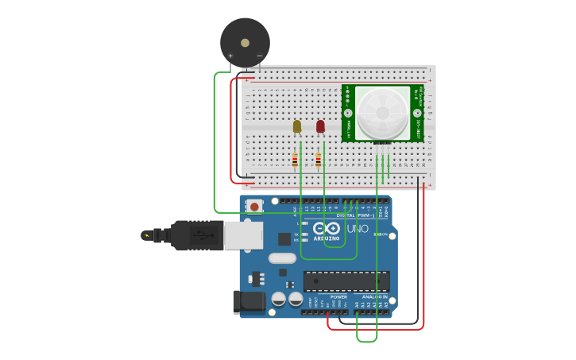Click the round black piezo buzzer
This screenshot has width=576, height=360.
[245, 41]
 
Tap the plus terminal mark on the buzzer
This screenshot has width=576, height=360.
[230, 56]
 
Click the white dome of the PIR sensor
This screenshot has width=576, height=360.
[382, 113]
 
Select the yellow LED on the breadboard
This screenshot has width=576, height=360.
[297, 126]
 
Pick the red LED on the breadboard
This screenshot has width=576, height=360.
[320, 126]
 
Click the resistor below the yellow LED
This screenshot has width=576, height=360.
[295, 161]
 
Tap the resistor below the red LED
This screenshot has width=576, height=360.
[319, 161]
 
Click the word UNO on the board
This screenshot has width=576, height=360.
[358, 229]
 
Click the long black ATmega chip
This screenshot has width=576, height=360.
[346, 281]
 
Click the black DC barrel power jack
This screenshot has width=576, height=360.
[247, 302]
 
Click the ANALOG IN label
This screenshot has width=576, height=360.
[374, 296]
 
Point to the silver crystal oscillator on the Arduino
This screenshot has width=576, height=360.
[281, 257]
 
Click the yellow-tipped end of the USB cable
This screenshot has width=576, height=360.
[146, 235]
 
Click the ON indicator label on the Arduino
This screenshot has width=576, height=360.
[382, 234]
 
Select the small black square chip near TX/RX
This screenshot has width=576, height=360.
[284, 238]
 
